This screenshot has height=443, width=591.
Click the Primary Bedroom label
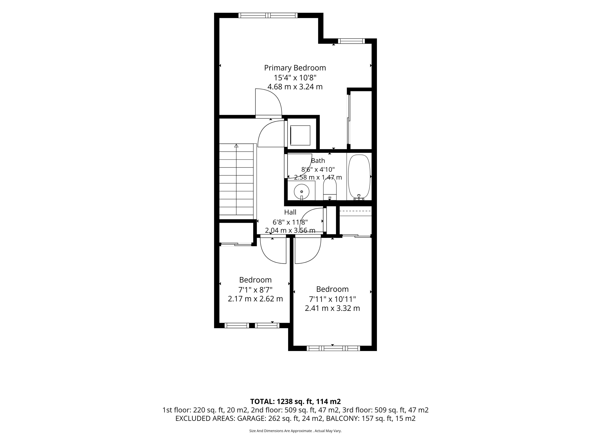pyautogui.click(x=295, y=68)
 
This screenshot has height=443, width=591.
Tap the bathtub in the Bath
pyautogui.click(x=359, y=177)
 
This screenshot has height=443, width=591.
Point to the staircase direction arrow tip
pyautogui.click(x=236, y=144)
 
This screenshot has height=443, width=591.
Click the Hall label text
pyautogui.click(x=290, y=212)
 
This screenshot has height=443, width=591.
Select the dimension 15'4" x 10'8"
pyautogui.click(x=295, y=78)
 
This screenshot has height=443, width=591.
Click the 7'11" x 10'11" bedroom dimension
pyautogui.click(x=332, y=299)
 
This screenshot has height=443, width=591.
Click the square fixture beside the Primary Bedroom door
pyautogui.click(x=300, y=135)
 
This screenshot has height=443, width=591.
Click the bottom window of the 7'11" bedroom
pyautogui.click(x=333, y=348)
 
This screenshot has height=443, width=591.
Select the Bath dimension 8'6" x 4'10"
pyautogui.click(x=318, y=169)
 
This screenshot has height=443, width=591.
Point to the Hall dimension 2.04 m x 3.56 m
pyautogui.click(x=290, y=230)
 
